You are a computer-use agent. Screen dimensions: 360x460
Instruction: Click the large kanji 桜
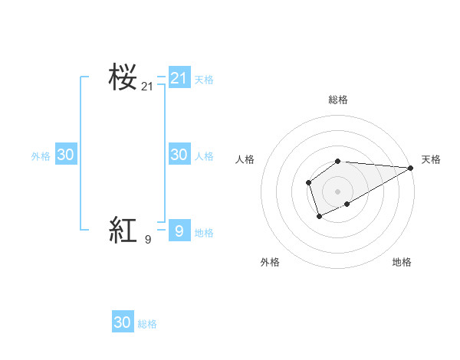point(123,77)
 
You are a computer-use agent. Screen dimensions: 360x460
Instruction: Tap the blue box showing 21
point(179,77)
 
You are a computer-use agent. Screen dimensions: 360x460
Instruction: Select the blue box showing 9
point(179,231)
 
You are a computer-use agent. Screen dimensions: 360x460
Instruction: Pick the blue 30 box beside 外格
point(65,155)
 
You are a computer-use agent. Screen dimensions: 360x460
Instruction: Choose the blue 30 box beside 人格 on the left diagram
point(179,155)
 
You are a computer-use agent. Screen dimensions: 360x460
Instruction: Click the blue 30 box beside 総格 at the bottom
point(123,322)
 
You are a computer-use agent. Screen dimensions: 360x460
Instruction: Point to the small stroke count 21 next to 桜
point(147,87)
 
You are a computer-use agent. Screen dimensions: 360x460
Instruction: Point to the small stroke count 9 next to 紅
point(148,240)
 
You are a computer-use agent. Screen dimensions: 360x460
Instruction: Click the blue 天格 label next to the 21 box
point(204,79)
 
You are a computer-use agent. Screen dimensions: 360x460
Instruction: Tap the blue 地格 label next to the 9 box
point(204,233)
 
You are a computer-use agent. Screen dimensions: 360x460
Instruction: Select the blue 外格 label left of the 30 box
point(41,156)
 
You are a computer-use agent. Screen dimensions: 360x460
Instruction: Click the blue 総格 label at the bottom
point(147,324)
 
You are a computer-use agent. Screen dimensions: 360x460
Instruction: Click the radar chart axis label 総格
point(338,100)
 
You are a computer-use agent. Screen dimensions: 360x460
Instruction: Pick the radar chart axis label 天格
point(431,159)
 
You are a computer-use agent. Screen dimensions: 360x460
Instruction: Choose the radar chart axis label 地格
point(402,262)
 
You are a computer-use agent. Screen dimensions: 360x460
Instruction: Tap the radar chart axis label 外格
point(270,262)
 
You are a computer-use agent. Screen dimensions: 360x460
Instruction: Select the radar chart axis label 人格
point(245,159)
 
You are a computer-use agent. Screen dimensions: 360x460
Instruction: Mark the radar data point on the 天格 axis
point(411,168)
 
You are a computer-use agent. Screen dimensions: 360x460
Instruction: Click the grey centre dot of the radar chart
point(338,191)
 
